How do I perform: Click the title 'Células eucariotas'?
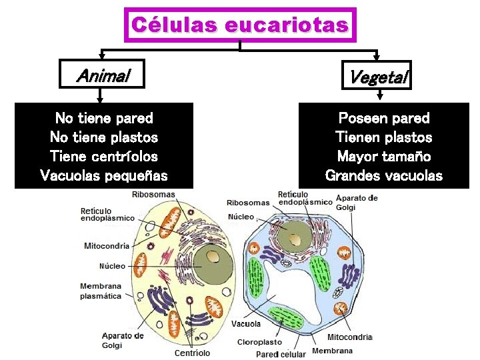(x=240, y=25)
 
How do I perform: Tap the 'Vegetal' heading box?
(x=378, y=77)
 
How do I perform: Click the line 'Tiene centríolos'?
(x=104, y=157)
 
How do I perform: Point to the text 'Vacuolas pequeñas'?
(x=104, y=176)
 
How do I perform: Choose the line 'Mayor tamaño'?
(x=384, y=157)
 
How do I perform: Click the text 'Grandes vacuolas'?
(x=384, y=176)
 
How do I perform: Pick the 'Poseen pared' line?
(x=384, y=119)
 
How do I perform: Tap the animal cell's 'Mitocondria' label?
(x=107, y=245)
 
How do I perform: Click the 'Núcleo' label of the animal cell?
(x=112, y=266)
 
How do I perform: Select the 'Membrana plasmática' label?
(x=101, y=291)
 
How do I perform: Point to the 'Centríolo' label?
(x=192, y=353)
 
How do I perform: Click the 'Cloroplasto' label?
(x=259, y=342)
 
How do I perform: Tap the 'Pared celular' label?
(x=281, y=354)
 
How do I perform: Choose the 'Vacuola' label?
(x=246, y=324)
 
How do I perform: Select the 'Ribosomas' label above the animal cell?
(x=153, y=195)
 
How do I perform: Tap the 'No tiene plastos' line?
(x=104, y=137)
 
